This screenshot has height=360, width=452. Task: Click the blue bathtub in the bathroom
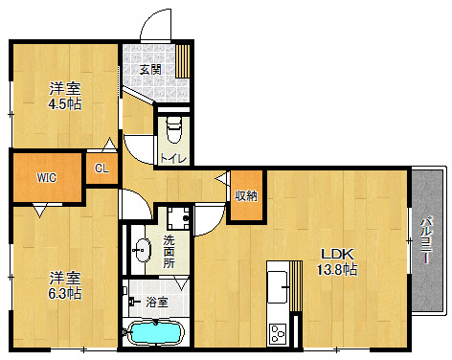(x=156, y=332)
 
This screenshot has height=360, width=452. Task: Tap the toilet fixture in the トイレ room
(x=174, y=130)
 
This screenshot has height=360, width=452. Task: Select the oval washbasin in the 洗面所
(x=143, y=251)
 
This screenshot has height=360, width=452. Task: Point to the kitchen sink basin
(x=278, y=287)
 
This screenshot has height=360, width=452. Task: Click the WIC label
(x=47, y=178)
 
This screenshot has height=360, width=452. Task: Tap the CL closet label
(x=102, y=169)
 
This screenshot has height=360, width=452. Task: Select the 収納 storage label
(x=246, y=196)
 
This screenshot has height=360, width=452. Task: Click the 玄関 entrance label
(x=150, y=70)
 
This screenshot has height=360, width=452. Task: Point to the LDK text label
(x=337, y=255)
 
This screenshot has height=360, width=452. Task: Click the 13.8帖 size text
(x=337, y=270)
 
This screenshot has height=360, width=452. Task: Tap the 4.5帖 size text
(x=65, y=104)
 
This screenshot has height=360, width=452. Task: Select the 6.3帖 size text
(x=65, y=294)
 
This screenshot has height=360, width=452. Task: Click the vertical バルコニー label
(x=426, y=240)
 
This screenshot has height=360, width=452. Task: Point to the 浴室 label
(x=157, y=302)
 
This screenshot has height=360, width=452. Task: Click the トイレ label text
(x=172, y=158)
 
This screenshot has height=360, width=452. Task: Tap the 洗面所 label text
(x=169, y=252)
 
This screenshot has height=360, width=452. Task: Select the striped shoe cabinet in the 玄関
(x=182, y=60)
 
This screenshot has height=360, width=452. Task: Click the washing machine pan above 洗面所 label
(x=179, y=218)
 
